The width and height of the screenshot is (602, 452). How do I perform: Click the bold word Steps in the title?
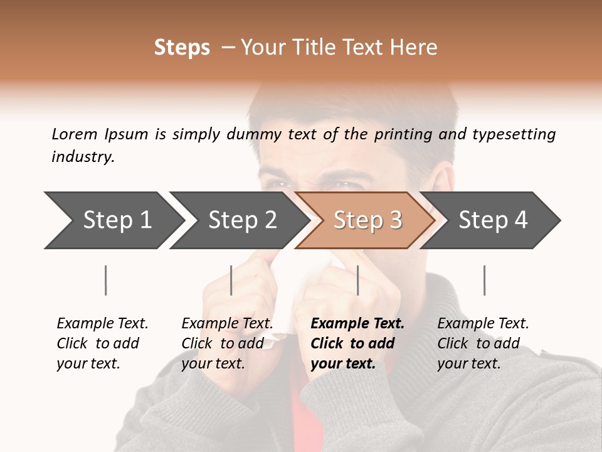tap(182, 48)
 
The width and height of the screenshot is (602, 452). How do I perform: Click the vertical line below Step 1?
tap(106, 280)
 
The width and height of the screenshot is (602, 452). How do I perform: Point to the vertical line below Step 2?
tap(231, 280)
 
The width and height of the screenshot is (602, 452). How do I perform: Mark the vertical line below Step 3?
tap(357, 280)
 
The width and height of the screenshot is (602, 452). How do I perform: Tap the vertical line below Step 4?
tap(484, 280)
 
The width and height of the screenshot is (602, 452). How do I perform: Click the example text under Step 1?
tap(102, 343)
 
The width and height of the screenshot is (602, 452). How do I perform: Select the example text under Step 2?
tap(227, 343)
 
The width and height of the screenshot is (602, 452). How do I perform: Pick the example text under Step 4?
tap(483, 343)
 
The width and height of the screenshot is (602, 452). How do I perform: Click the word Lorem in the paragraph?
tap(74, 134)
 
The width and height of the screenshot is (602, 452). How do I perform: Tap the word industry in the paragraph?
tap(82, 157)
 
